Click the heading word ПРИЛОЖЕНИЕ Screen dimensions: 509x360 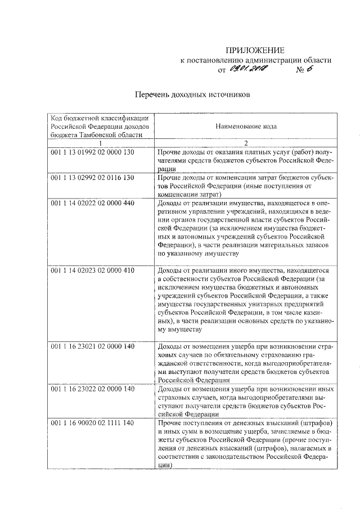255,49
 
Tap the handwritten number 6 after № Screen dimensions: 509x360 308,69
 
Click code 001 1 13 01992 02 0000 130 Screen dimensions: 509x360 93,152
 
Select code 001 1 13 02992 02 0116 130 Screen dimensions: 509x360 93,177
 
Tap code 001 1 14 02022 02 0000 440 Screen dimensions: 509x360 93,202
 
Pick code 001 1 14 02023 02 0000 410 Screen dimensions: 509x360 93,271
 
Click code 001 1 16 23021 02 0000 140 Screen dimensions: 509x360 93,346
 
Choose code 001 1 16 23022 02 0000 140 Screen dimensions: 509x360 93,389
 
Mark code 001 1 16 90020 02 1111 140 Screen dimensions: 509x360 93,422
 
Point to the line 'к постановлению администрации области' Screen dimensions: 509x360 255,60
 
